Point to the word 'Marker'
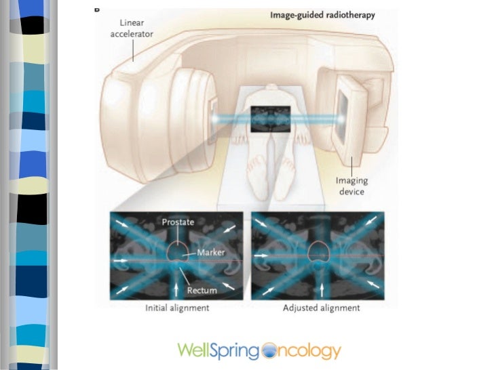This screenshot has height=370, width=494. (210, 252)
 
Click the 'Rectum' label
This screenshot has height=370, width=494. (203, 290)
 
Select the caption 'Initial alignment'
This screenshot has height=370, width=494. (178, 308)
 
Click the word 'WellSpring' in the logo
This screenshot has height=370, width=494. (218, 351)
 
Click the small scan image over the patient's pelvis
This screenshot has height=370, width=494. (271, 119)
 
